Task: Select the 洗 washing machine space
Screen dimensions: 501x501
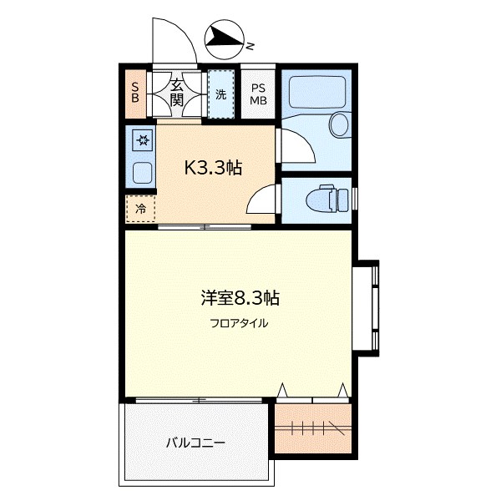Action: [x=220, y=94]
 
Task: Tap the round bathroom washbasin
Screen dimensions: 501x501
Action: [x=339, y=125]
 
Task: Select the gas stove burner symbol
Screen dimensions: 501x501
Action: [x=142, y=139]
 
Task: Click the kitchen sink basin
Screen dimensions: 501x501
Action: [x=142, y=175]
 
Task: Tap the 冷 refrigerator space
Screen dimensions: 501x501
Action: [x=141, y=209]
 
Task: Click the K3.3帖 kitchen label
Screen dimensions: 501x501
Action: [x=213, y=167]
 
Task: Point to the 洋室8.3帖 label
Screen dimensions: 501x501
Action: [x=240, y=296]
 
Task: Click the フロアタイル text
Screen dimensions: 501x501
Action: [x=240, y=323]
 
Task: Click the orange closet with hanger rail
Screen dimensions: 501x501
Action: [x=312, y=428]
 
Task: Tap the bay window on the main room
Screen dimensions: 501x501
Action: [x=367, y=309]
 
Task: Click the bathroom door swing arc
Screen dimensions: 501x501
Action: [x=296, y=147]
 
